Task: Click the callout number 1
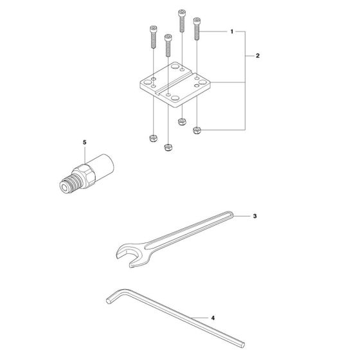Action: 232,32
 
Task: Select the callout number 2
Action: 257,57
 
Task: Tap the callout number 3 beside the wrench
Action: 255,217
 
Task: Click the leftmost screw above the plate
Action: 154,37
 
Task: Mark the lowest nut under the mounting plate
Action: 168,147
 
